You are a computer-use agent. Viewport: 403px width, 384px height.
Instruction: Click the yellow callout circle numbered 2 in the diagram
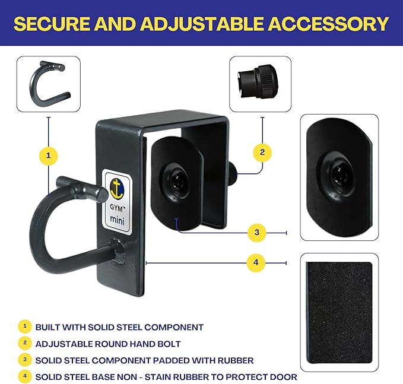pos(262,153)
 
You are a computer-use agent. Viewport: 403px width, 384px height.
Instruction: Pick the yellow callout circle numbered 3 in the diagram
pos(256,232)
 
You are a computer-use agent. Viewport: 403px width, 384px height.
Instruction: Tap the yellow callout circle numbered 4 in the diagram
pos(256,262)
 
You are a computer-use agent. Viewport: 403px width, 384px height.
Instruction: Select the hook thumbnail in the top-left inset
pos(47,84)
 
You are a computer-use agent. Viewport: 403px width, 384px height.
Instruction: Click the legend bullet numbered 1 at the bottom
pos(24,326)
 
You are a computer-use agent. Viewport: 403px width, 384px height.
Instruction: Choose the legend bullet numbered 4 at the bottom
pos(24,376)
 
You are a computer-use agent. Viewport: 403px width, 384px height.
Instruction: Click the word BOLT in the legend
pos(169,344)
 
